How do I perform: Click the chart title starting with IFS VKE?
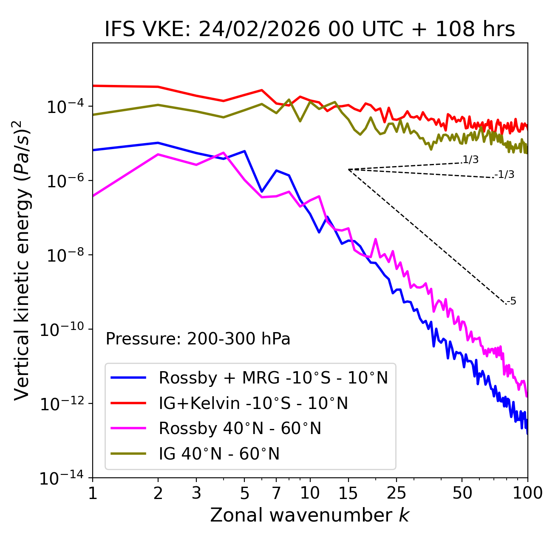pos(310,30)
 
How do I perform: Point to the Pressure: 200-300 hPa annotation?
pos(198,339)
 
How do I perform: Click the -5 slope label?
pos(511,302)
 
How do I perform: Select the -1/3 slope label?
pos(504,175)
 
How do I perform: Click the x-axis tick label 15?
pos(348,493)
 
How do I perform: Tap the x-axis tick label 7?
pos(276,493)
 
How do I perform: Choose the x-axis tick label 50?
pos(462,493)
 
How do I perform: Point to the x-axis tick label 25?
pos(397,493)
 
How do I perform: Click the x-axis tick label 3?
pos(196,493)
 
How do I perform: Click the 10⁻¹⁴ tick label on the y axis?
pos(62,478)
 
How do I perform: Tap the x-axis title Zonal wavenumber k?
pos(309,515)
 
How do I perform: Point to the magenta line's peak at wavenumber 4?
pos(224,152)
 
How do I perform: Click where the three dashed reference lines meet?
pos(348,169)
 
